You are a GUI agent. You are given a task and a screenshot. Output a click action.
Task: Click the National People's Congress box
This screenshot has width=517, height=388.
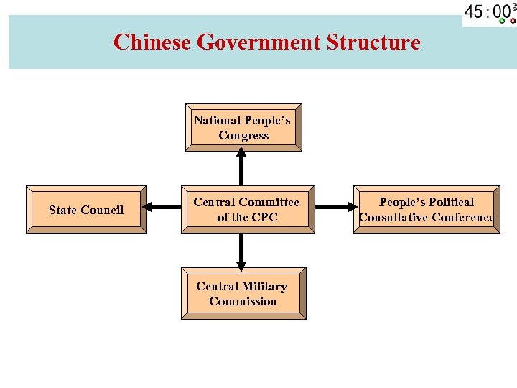pyautogui.click(x=243, y=127)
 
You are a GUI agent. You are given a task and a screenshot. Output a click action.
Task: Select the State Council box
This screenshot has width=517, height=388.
pyautogui.click(x=86, y=210)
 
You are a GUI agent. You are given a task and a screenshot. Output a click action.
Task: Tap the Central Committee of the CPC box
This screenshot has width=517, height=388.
pyautogui.click(x=247, y=209)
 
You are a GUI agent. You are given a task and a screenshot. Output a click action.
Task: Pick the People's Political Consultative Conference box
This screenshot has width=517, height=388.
pyautogui.click(x=427, y=209)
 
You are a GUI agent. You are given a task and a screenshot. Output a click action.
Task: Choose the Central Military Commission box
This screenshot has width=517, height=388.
pyautogui.click(x=243, y=293)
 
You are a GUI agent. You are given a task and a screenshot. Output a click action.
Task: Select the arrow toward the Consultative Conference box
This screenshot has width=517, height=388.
pyautogui.click(x=335, y=208)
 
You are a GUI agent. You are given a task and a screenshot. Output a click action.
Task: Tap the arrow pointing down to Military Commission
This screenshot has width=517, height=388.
pyautogui.click(x=241, y=251)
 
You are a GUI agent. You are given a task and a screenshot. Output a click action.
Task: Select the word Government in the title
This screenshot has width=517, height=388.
pyautogui.click(x=258, y=42)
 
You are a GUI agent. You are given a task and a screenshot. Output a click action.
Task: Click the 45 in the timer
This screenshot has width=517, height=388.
pyautogui.click(x=474, y=12)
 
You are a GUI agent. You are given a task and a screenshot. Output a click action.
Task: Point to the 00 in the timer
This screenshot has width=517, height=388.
pyautogui.click(x=501, y=12)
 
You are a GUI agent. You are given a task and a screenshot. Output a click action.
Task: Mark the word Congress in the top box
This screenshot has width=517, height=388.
pyautogui.click(x=243, y=135)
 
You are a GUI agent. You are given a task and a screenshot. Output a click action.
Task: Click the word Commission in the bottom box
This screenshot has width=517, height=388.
pyautogui.click(x=243, y=301)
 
